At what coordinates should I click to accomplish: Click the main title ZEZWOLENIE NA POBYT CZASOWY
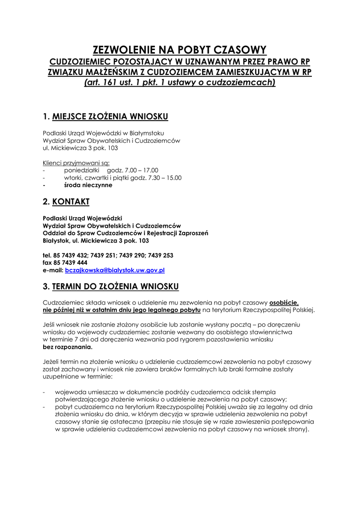[x=180, y=50]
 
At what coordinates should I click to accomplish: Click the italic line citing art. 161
[x=180, y=82]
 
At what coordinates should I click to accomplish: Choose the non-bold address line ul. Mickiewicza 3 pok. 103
[x=80, y=148]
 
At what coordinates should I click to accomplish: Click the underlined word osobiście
[x=284, y=302]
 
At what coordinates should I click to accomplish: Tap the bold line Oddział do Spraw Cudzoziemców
[x=126, y=233]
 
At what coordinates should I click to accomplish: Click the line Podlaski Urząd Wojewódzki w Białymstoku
[x=103, y=133]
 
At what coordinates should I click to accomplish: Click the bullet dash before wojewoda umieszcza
[x=45, y=392]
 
